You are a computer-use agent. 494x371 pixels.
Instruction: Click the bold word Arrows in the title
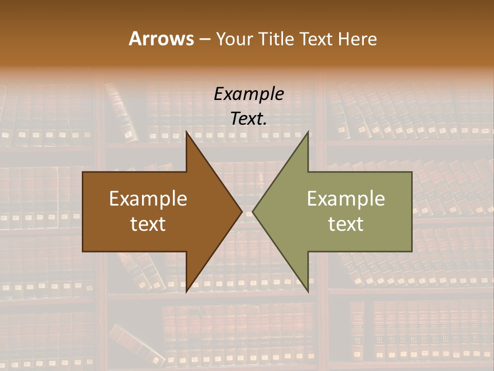[161, 39]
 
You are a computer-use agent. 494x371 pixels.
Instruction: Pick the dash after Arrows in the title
[204, 40]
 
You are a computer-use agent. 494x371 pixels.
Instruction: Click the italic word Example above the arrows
[249, 94]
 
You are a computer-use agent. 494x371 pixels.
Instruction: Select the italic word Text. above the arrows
[249, 119]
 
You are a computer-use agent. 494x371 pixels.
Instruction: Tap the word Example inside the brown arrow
[148, 199]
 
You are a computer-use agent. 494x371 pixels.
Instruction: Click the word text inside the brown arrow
[148, 224]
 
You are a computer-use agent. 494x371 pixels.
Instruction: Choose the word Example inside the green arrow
[346, 199]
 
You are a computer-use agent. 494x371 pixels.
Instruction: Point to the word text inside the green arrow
[346, 224]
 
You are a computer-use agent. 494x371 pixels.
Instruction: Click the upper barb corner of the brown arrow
[187, 132]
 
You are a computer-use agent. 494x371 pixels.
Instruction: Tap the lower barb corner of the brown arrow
[187, 291]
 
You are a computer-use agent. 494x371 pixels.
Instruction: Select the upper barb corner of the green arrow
[308, 132]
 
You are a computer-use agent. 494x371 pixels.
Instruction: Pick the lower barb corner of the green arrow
[308, 291]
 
